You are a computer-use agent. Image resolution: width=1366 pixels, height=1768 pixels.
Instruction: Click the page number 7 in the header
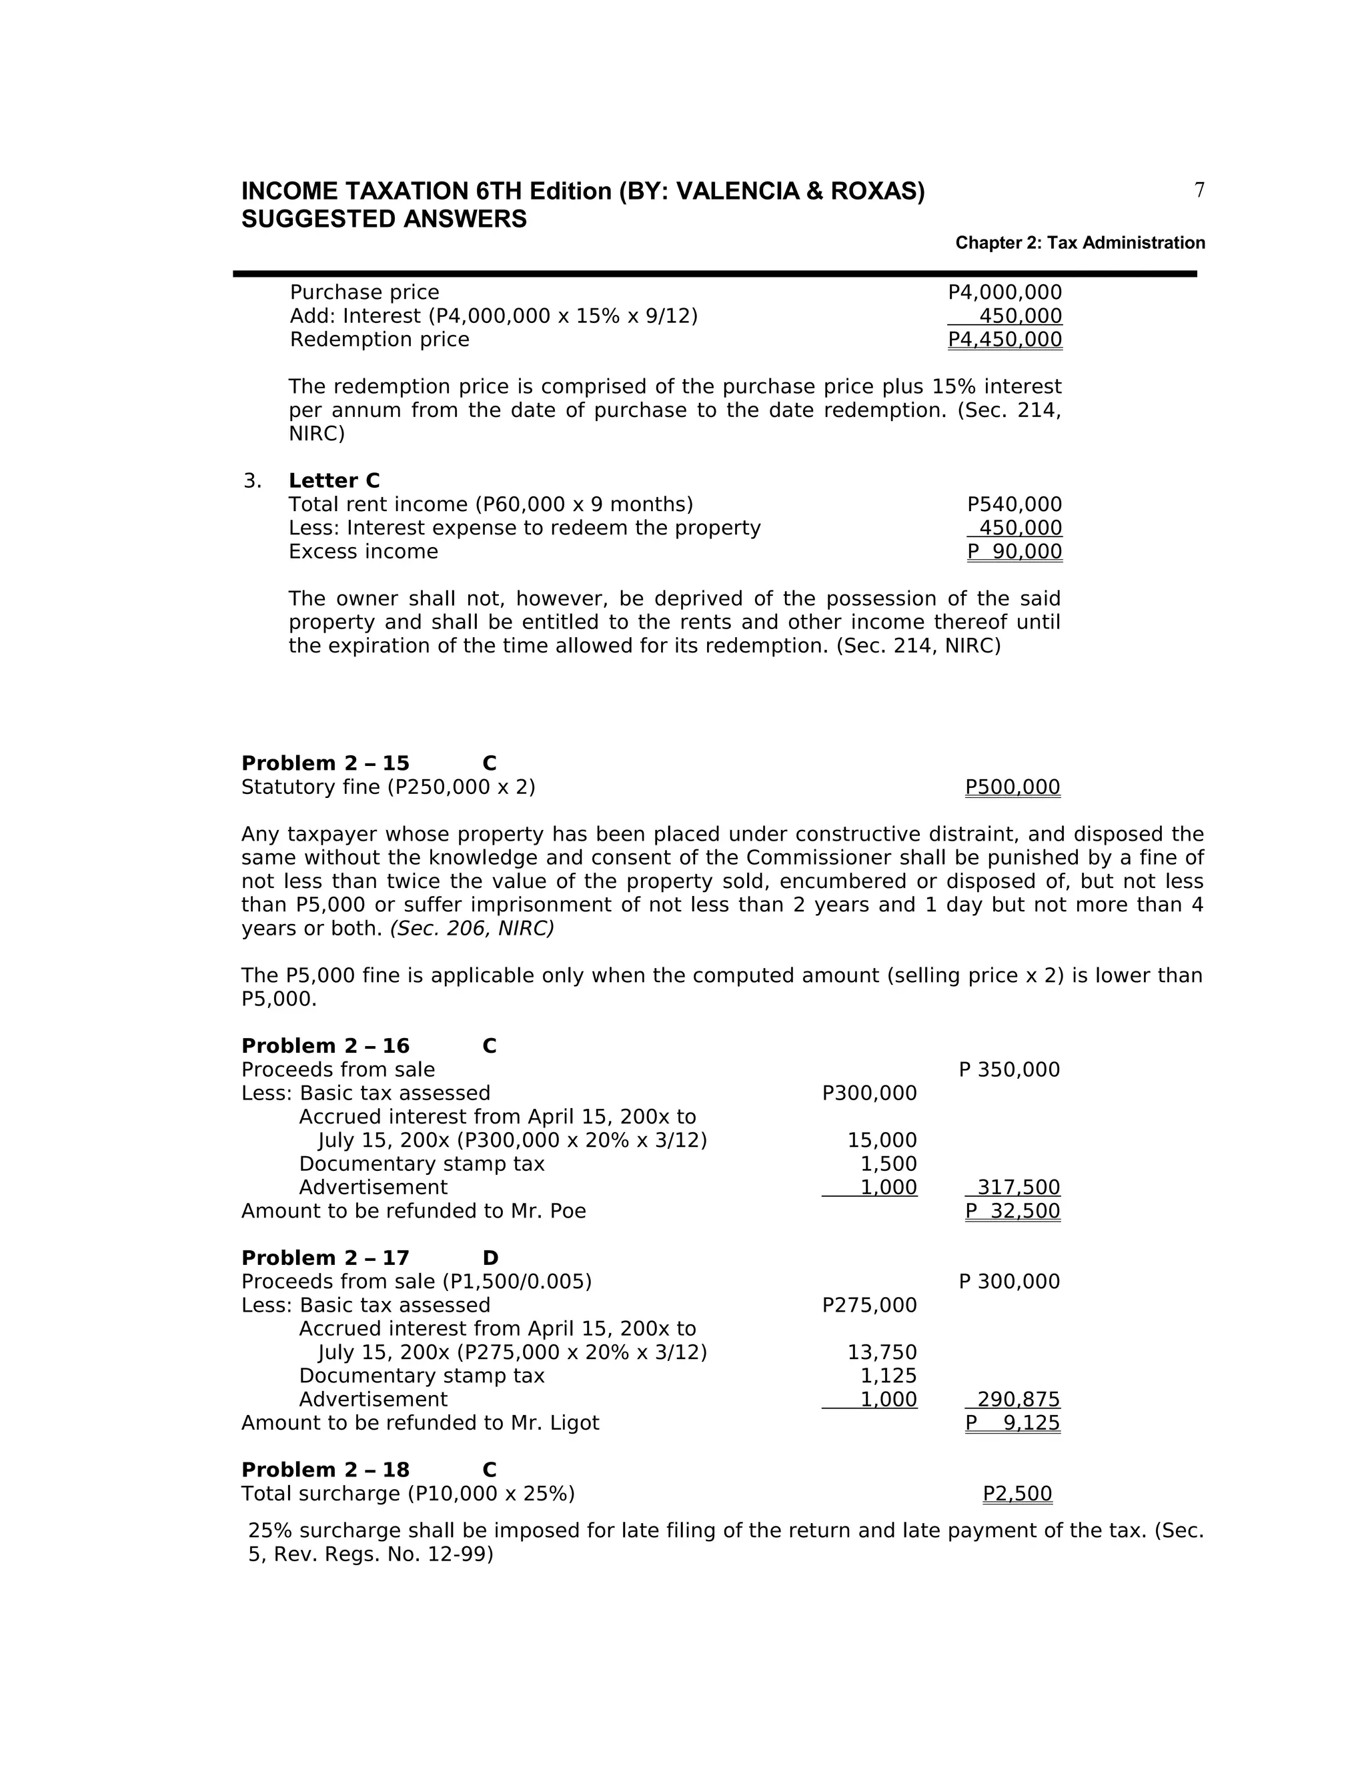[1199, 190]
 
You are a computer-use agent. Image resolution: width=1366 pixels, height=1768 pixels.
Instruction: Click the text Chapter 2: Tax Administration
[1080, 243]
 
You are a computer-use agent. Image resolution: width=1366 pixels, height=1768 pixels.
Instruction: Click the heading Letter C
[333, 481]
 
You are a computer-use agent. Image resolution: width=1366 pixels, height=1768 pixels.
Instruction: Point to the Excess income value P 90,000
[1014, 552]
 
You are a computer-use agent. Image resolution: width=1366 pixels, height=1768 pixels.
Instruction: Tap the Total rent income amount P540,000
[1014, 504]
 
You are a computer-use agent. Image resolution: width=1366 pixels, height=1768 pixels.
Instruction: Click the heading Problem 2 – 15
[325, 763]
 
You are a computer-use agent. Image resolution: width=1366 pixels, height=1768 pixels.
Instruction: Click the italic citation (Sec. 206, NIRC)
[472, 929]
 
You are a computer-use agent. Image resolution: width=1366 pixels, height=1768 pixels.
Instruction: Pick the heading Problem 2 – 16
[325, 1046]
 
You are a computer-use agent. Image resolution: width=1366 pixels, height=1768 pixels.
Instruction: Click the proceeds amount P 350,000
[1009, 1070]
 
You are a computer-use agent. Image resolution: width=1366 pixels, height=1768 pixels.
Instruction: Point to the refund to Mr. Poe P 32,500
[1012, 1211]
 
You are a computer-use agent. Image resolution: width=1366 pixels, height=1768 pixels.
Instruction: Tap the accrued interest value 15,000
[882, 1141]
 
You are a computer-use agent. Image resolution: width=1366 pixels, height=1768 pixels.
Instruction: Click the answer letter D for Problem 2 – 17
[490, 1258]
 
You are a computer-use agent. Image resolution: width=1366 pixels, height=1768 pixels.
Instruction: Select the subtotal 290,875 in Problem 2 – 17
[1018, 1400]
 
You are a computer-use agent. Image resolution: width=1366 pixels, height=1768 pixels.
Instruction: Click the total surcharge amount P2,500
[1017, 1494]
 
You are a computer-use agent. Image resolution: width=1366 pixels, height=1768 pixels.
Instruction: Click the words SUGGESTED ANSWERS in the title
[384, 219]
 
